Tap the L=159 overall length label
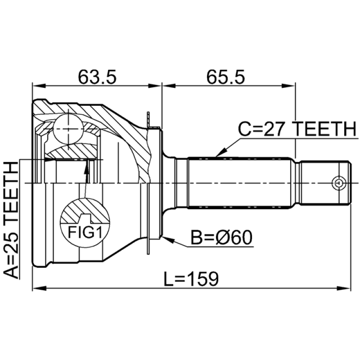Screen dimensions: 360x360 (191, 279)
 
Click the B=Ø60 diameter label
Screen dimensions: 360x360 (221, 237)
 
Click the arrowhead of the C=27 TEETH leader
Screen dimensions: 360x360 (218, 155)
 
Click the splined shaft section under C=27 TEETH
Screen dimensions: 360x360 (241, 183)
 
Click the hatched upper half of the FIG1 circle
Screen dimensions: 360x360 (85, 211)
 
